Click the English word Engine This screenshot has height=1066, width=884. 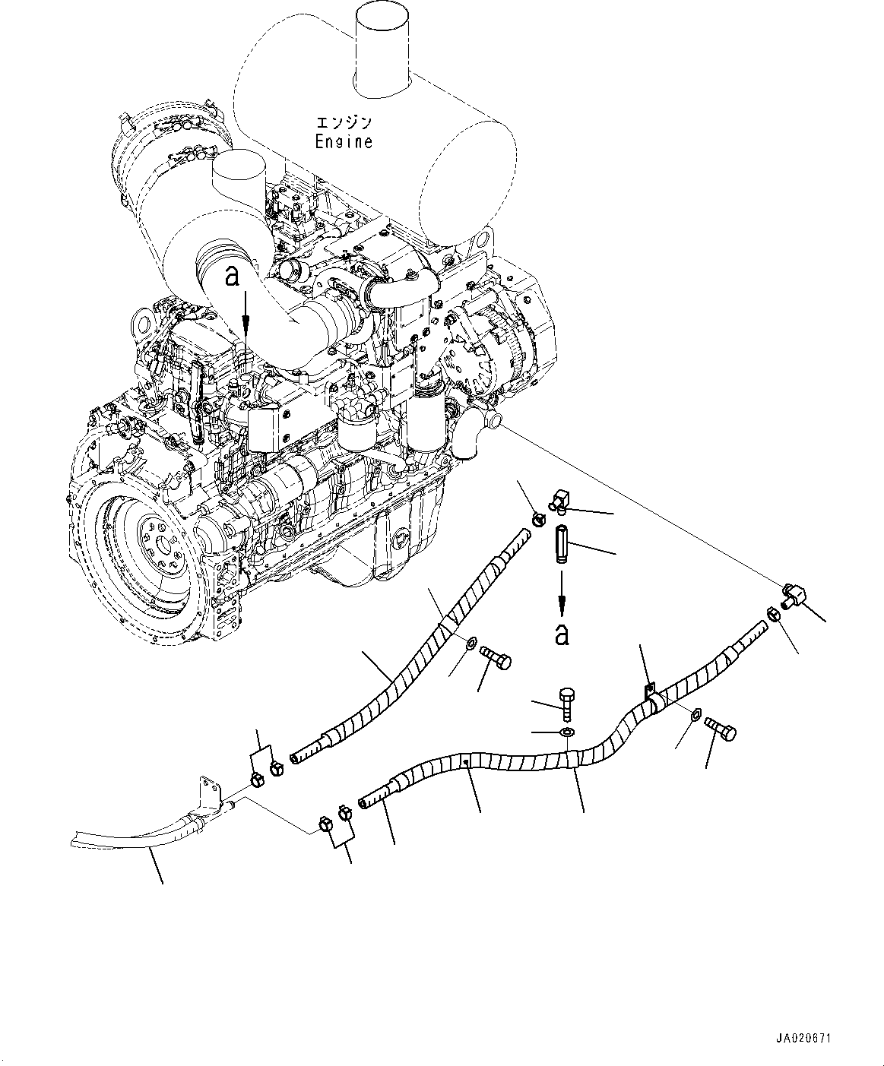344,141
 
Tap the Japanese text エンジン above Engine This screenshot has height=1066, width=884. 344,122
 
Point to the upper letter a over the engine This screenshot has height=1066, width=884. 233,276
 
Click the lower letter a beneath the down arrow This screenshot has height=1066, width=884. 562,634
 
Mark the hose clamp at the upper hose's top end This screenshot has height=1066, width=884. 538,520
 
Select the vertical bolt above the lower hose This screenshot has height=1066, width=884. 567,702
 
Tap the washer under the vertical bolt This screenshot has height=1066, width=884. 566,732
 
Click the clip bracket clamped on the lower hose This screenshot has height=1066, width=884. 650,698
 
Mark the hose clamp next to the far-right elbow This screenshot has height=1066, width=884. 771,614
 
